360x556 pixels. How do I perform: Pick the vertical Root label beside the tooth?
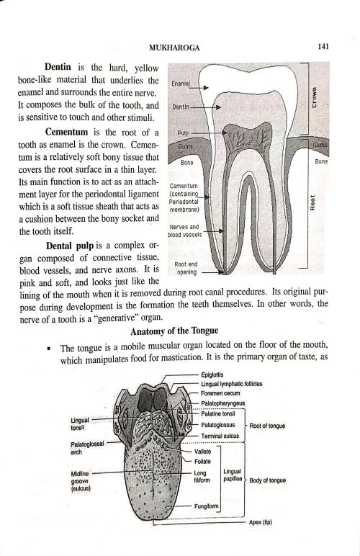coord(313,205)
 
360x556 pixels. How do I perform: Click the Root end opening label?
coord(186,269)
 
